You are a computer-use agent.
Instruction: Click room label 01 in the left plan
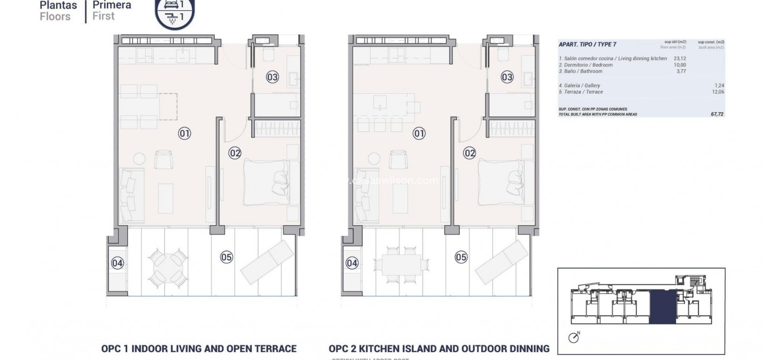tap(184, 134)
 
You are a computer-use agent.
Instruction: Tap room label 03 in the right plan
tap(507, 77)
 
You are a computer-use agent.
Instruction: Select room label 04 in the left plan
tap(117, 263)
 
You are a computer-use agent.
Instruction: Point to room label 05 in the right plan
tap(461, 257)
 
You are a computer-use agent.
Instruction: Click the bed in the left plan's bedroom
tap(272, 182)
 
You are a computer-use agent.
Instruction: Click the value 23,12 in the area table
tap(680, 59)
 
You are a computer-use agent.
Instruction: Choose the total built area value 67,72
tap(717, 114)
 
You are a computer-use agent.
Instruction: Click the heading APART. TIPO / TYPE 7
tap(587, 44)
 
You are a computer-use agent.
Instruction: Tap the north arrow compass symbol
tap(574, 337)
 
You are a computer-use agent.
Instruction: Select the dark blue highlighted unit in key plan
tap(661, 306)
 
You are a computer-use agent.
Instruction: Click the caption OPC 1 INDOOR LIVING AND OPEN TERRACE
tap(199, 348)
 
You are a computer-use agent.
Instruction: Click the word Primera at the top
tap(112, 6)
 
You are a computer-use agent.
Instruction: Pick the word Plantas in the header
tap(58, 6)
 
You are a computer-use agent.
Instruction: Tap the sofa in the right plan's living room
tap(365, 195)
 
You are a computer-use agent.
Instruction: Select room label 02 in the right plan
tap(469, 153)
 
